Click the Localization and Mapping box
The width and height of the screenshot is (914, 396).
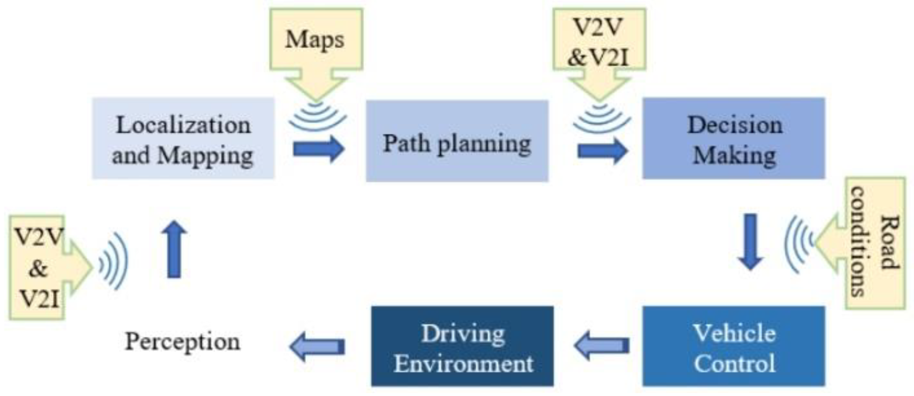click(x=183, y=138)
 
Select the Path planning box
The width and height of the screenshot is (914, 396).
click(x=457, y=141)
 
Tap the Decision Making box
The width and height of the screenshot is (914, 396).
click(x=734, y=138)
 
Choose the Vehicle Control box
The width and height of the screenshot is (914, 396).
click(x=734, y=346)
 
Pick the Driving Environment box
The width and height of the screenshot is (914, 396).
click(x=462, y=346)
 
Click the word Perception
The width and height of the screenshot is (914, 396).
click(x=183, y=342)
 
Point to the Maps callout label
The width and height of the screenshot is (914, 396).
click(x=315, y=39)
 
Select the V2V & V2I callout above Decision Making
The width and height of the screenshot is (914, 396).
click(x=599, y=42)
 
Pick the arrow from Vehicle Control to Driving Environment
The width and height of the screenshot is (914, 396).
click(x=601, y=345)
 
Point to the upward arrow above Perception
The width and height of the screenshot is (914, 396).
click(x=174, y=250)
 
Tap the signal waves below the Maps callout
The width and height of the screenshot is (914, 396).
click(x=317, y=117)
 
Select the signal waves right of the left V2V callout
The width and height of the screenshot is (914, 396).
click(x=114, y=262)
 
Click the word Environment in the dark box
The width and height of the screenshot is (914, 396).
click(x=463, y=364)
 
